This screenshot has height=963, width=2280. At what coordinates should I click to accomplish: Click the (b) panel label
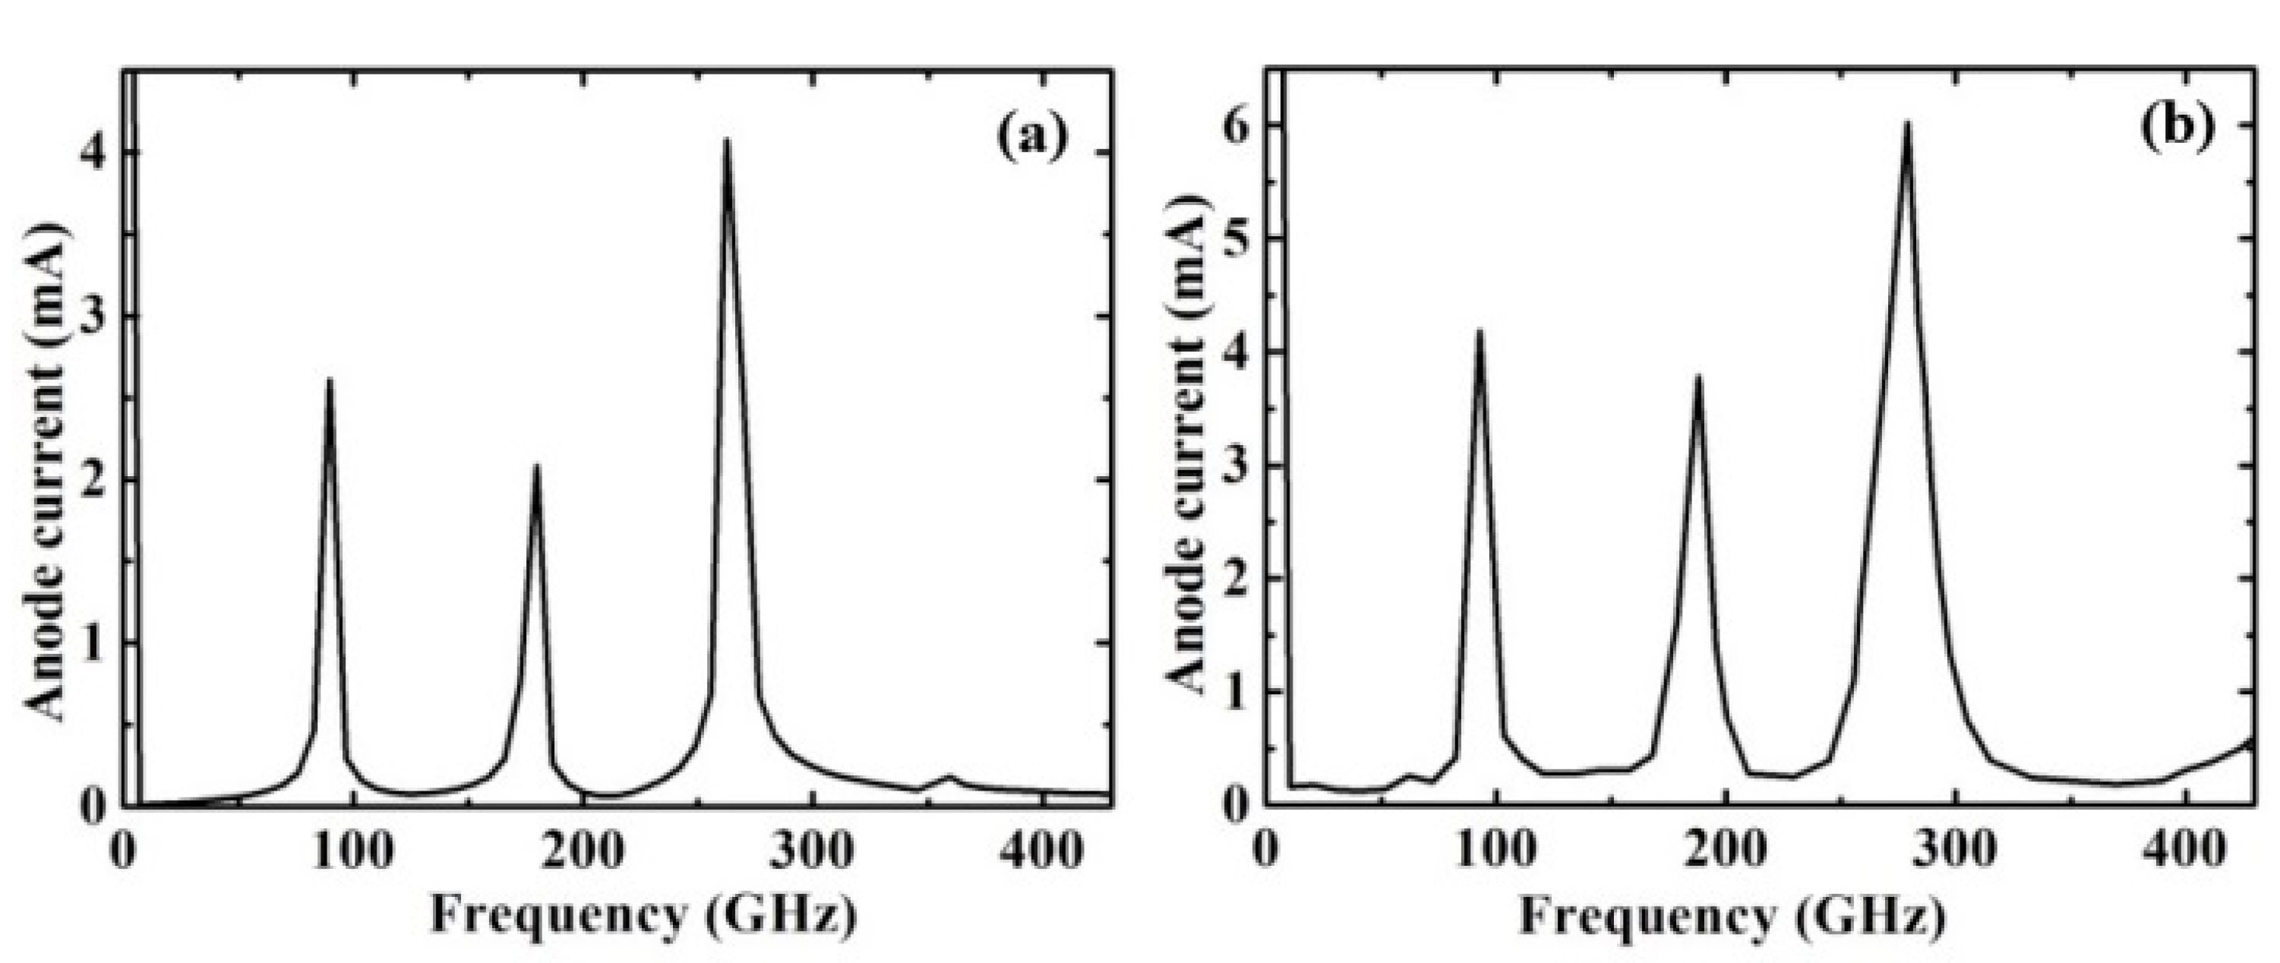2174,125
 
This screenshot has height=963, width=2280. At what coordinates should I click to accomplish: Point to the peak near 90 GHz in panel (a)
330,380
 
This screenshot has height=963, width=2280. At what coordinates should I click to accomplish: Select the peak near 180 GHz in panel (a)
535,466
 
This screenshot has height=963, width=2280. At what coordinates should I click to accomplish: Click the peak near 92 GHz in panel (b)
1478,331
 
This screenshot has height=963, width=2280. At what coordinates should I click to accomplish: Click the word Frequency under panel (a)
557,914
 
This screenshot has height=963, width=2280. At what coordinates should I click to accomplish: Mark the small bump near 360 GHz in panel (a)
949,776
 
